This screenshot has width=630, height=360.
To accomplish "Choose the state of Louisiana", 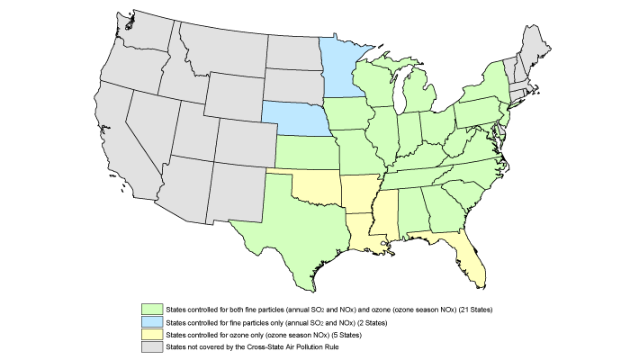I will point(360,234).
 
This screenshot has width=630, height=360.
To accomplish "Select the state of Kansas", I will point(306,152).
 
